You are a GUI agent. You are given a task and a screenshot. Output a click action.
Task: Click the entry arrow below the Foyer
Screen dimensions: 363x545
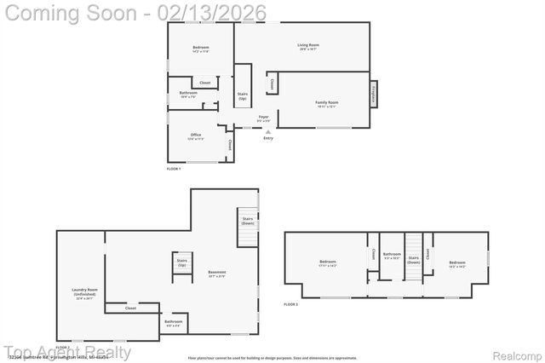pyautogui.click(x=268, y=132)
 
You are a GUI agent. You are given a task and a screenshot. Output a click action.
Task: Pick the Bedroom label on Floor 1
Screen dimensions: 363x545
pyautogui.click(x=200, y=48)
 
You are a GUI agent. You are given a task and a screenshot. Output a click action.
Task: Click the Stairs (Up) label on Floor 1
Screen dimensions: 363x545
pyautogui.click(x=243, y=96)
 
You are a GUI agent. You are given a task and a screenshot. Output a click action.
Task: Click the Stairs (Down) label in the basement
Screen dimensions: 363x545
pyautogui.click(x=247, y=221)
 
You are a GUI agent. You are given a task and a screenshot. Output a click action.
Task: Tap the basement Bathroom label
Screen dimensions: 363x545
pyautogui.click(x=174, y=323)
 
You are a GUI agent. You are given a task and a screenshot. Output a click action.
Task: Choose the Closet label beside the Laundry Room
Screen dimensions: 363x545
pyautogui.click(x=130, y=308)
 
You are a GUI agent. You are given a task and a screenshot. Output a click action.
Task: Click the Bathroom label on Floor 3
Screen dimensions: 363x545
pyautogui.click(x=392, y=255)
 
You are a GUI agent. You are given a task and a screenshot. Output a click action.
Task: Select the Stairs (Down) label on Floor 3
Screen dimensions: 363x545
pyautogui.click(x=413, y=259)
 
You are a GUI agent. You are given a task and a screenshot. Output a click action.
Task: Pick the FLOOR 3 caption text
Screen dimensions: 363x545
pyautogui.click(x=291, y=303)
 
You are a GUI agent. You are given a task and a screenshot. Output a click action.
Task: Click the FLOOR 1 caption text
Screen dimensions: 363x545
pyautogui.click(x=174, y=170)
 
